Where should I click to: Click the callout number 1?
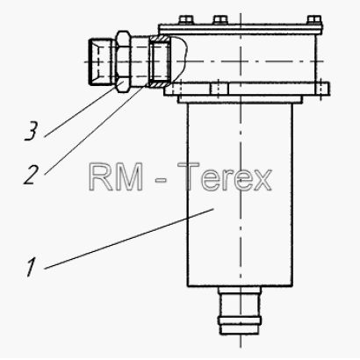click(x=31, y=267)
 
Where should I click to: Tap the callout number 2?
click(x=31, y=175)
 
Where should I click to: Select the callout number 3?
click(x=31, y=131)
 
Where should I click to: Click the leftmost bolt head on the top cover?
click(x=185, y=20)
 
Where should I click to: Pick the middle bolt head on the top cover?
click(x=220, y=20)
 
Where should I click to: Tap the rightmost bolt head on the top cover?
click(x=314, y=20)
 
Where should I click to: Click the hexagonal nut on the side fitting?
click(x=123, y=61)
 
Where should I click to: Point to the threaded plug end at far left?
click(x=100, y=61)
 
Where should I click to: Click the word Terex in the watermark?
click(x=225, y=176)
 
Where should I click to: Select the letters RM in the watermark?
click(x=116, y=176)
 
